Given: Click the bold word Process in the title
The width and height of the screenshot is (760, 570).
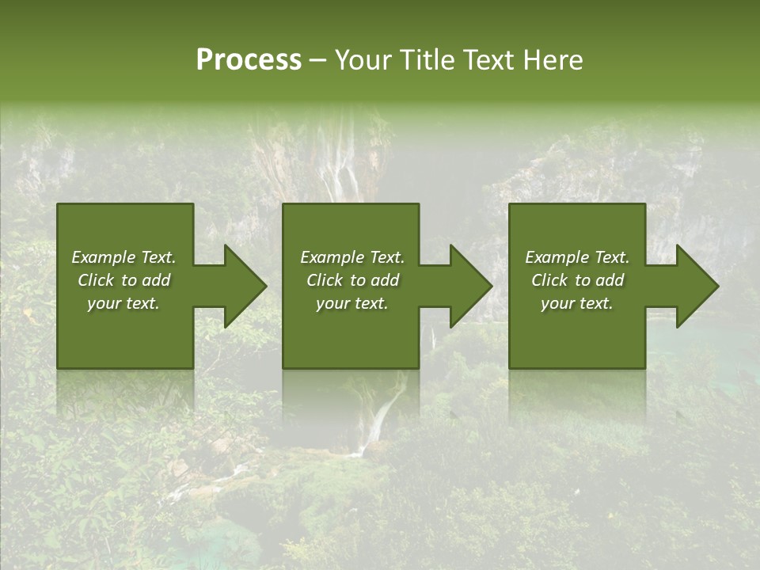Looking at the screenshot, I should point(249,60).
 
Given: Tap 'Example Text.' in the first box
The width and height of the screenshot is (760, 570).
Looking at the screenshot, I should point(123,257).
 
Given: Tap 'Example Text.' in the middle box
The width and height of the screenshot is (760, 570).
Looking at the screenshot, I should point(351,257).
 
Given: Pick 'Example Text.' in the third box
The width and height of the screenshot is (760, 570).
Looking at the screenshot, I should point(577,257).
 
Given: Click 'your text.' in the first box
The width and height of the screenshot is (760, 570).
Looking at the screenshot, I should point(123,303).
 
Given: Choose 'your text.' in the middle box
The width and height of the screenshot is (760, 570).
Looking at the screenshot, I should point(351,303).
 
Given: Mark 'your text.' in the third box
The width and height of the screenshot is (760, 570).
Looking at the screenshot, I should point(577,303).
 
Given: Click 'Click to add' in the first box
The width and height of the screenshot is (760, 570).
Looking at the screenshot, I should point(123,280).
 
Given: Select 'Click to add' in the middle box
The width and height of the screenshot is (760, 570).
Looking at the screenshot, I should point(351,280).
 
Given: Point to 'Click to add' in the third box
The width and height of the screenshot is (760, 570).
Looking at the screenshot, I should point(577,280).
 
